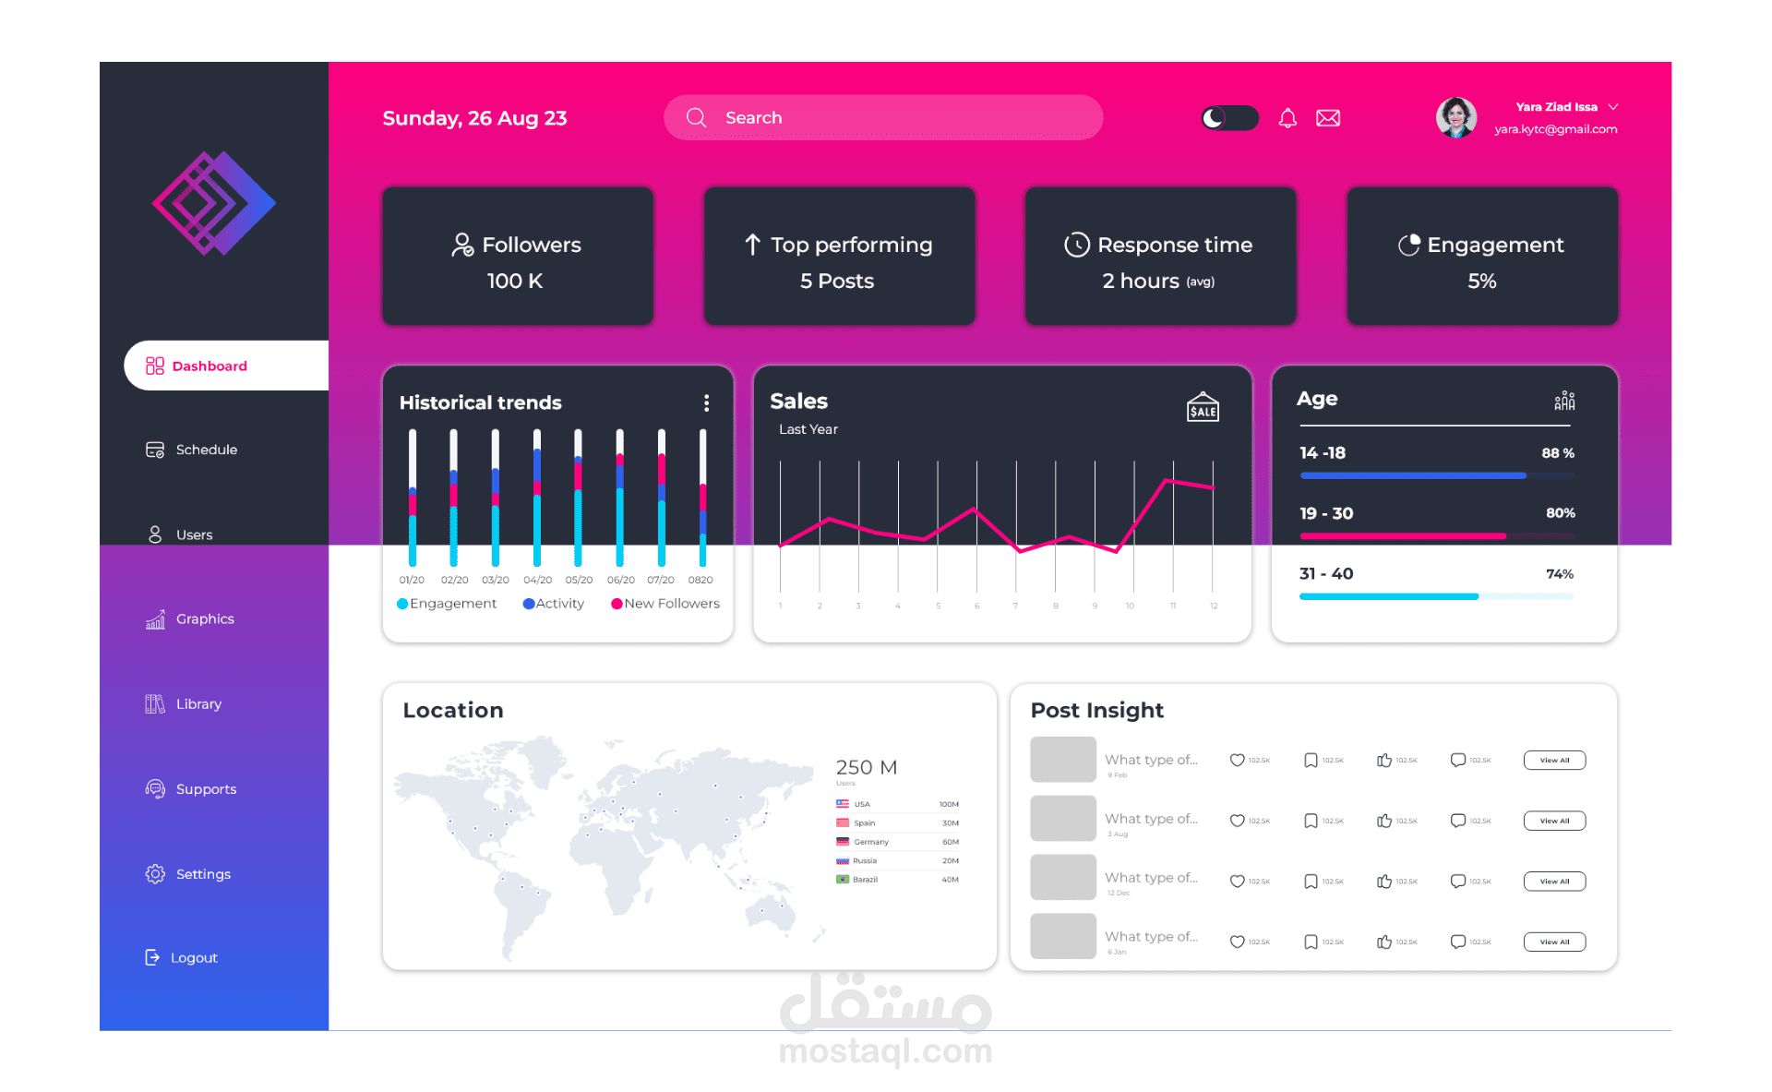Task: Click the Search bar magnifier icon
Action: point(696,118)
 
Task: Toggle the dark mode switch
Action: point(1228,118)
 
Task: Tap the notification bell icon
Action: point(1287,118)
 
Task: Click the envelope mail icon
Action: point(1328,118)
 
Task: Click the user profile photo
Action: point(1455,118)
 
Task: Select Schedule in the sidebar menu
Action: point(206,450)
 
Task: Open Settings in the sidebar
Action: point(202,874)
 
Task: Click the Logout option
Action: point(193,958)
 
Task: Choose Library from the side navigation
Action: point(198,704)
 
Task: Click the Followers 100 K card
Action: point(518,257)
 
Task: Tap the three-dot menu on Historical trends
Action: point(707,403)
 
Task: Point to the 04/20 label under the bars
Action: point(537,581)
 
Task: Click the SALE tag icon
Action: point(1203,407)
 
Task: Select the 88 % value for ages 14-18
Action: point(1558,453)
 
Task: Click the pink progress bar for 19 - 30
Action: point(1403,536)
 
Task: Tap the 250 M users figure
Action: point(866,768)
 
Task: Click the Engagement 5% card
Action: point(1481,257)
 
